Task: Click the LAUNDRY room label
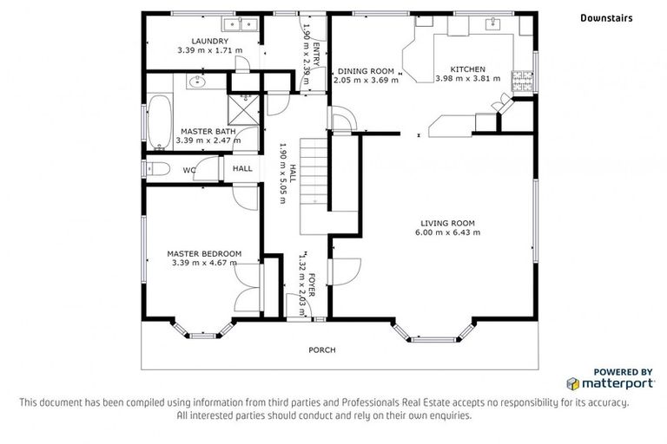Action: click(x=209, y=41)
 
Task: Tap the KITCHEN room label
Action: click(x=467, y=69)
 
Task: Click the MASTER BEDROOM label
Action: click(x=204, y=254)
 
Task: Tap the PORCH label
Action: click(x=322, y=349)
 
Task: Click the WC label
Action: click(x=188, y=170)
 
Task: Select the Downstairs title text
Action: click(x=606, y=17)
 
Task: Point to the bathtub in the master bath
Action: click(x=160, y=121)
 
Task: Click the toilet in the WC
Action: click(x=159, y=169)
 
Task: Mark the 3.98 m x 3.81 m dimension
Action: click(x=467, y=79)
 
